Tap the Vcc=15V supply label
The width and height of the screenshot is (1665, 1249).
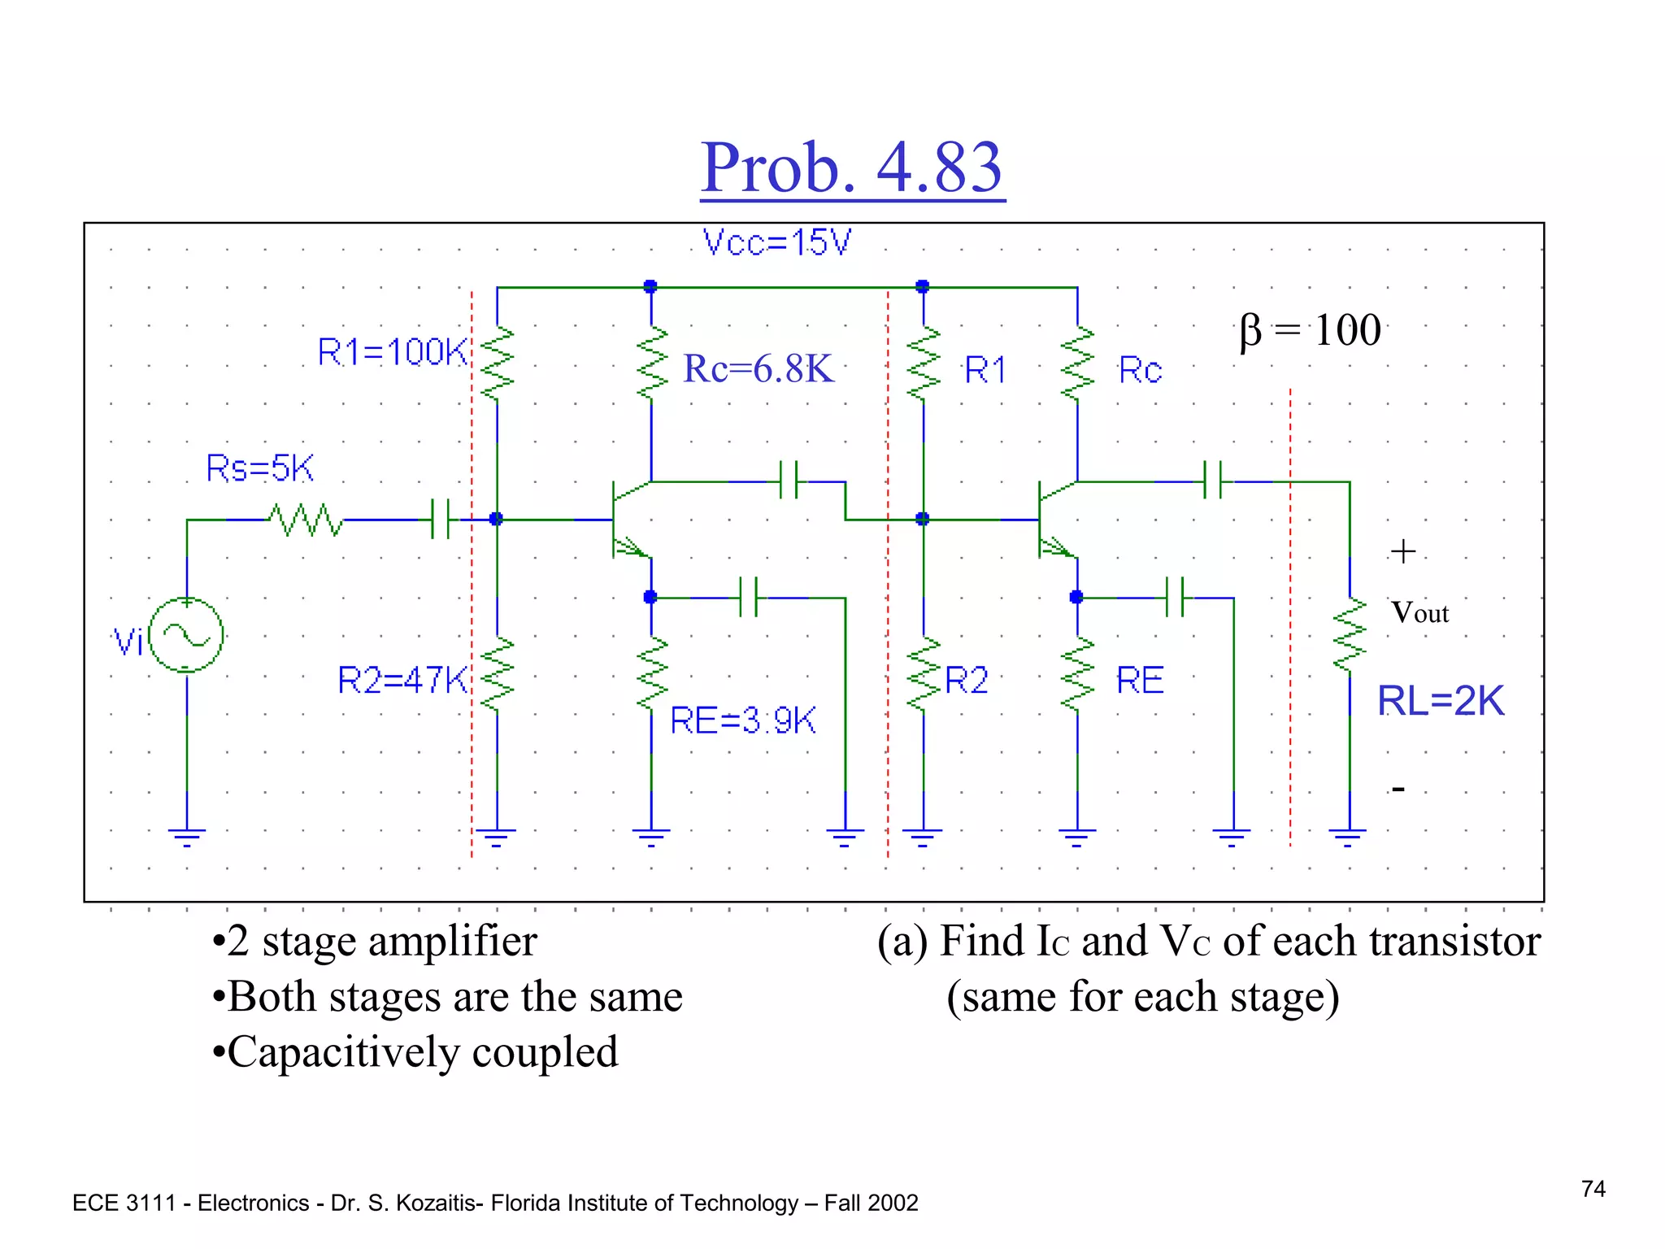(x=776, y=242)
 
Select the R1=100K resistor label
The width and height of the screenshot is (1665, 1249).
(x=392, y=352)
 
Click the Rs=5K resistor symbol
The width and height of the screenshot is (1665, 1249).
(x=306, y=520)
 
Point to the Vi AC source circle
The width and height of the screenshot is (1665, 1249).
(x=187, y=635)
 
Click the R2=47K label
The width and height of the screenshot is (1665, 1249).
(x=402, y=680)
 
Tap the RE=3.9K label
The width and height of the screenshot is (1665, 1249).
(x=742, y=720)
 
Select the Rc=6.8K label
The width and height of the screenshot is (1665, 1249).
(x=758, y=369)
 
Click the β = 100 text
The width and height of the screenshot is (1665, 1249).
(x=1310, y=330)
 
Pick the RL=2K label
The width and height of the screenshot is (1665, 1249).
(x=1440, y=701)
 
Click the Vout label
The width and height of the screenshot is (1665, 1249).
(x=1419, y=613)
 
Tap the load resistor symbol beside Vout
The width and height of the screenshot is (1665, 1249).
(x=1350, y=636)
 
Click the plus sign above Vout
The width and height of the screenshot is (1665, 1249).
(x=1402, y=552)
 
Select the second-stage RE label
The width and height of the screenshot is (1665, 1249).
(x=1139, y=680)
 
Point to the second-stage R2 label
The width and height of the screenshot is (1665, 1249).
(x=966, y=680)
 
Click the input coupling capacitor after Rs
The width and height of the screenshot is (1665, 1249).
(x=440, y=520)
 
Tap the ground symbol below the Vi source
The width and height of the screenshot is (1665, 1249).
(x=187, y=836)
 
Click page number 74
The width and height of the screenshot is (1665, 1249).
(x=1593, y=1189)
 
